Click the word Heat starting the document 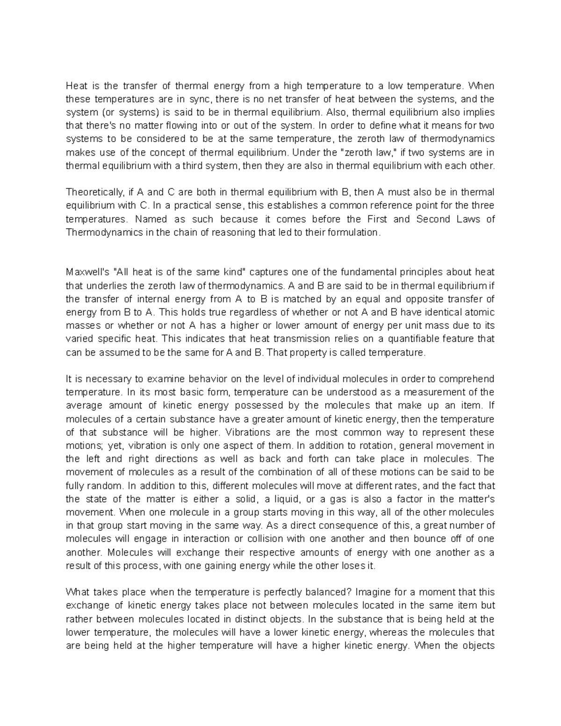pos(76,86)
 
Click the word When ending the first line pos(482,86)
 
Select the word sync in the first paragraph pos(200,99)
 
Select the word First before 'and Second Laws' pos(378,219)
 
